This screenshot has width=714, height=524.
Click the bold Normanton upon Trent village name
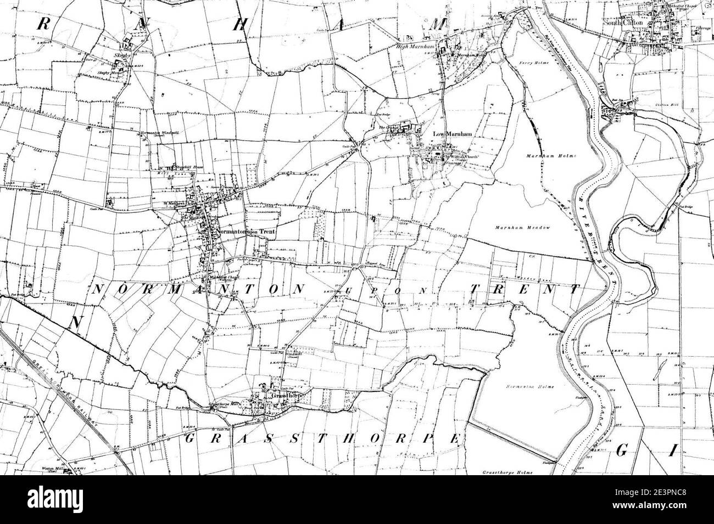(x=245, y=232)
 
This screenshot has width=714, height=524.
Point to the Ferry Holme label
(x=529, y=64)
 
